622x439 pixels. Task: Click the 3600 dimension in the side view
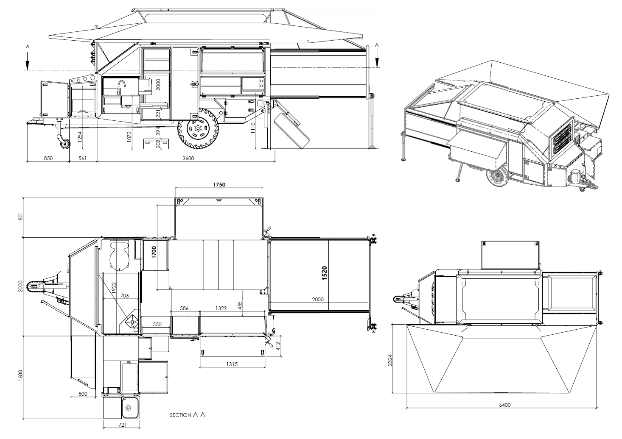pyautogui.click(x=188, y=158)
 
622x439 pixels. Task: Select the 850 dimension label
pyautogui.click(x=48, y=158)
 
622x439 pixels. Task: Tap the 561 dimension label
pyautogui.click(x=82, y=158)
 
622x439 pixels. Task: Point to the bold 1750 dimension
pyautogui.click(x=219, y=185)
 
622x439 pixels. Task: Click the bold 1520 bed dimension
pyautogui.click(x=324, y=273)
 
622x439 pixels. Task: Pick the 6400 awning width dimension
pyautogui.click(x=504, y=405)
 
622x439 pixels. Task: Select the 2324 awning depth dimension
pyautogui.click(x=390, y=360)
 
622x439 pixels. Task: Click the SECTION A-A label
pyautogui.click(x=188, y=415)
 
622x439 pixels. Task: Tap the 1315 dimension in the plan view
pyautogui.click(x=232, y=364)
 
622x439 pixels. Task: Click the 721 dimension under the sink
pyautogui.click(x=123, y=425)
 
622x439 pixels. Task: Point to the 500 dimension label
pyautogui.click(x=83, y=394)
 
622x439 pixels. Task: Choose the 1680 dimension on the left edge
pyautogui.click(x=20, y=375)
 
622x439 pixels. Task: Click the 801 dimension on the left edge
pyautogui.click(x=20, y=216)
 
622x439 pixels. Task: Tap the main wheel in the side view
pyautogui.click(x=198, y=128)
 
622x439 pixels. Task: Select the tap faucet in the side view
pyautogui.click(x=121, y=87)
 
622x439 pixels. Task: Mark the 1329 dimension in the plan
pyautogui.click(x=221, y=308)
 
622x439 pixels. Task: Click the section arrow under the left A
pyautogui.click(x=28, y=61)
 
